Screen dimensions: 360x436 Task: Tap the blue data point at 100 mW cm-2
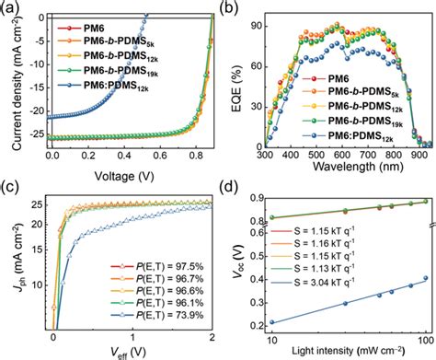point(424,278)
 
